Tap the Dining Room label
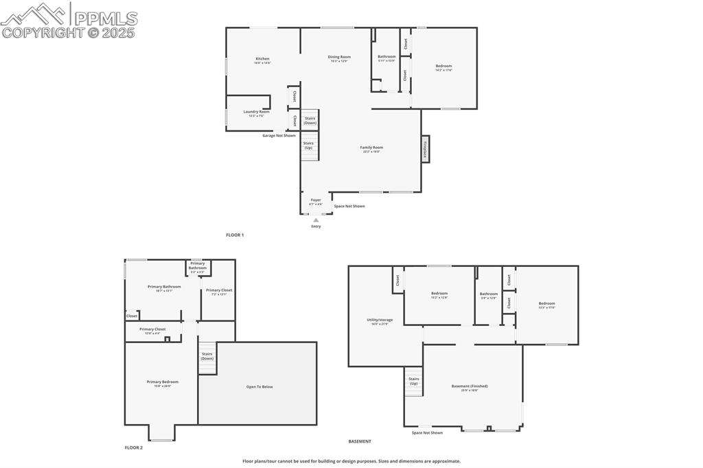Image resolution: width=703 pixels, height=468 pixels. coord(339,58)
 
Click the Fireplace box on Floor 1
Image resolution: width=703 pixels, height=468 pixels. coord(425,149)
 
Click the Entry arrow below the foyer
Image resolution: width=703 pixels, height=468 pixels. coord(316,220)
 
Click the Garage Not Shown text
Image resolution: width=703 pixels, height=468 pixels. coord(279,135)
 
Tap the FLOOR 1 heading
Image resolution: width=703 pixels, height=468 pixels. coord(235,235)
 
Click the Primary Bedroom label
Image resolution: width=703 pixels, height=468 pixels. coord(162,383)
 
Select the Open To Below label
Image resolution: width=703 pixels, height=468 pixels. coord(260,386)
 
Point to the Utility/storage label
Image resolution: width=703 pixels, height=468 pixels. coord(380,321)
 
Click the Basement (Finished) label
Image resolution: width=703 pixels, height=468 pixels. coord(464,388)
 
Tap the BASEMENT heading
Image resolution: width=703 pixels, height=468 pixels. coord(360,441)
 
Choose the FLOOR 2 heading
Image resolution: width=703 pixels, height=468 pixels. coord(134,447)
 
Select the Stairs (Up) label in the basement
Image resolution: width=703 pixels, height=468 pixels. coord(413,381)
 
